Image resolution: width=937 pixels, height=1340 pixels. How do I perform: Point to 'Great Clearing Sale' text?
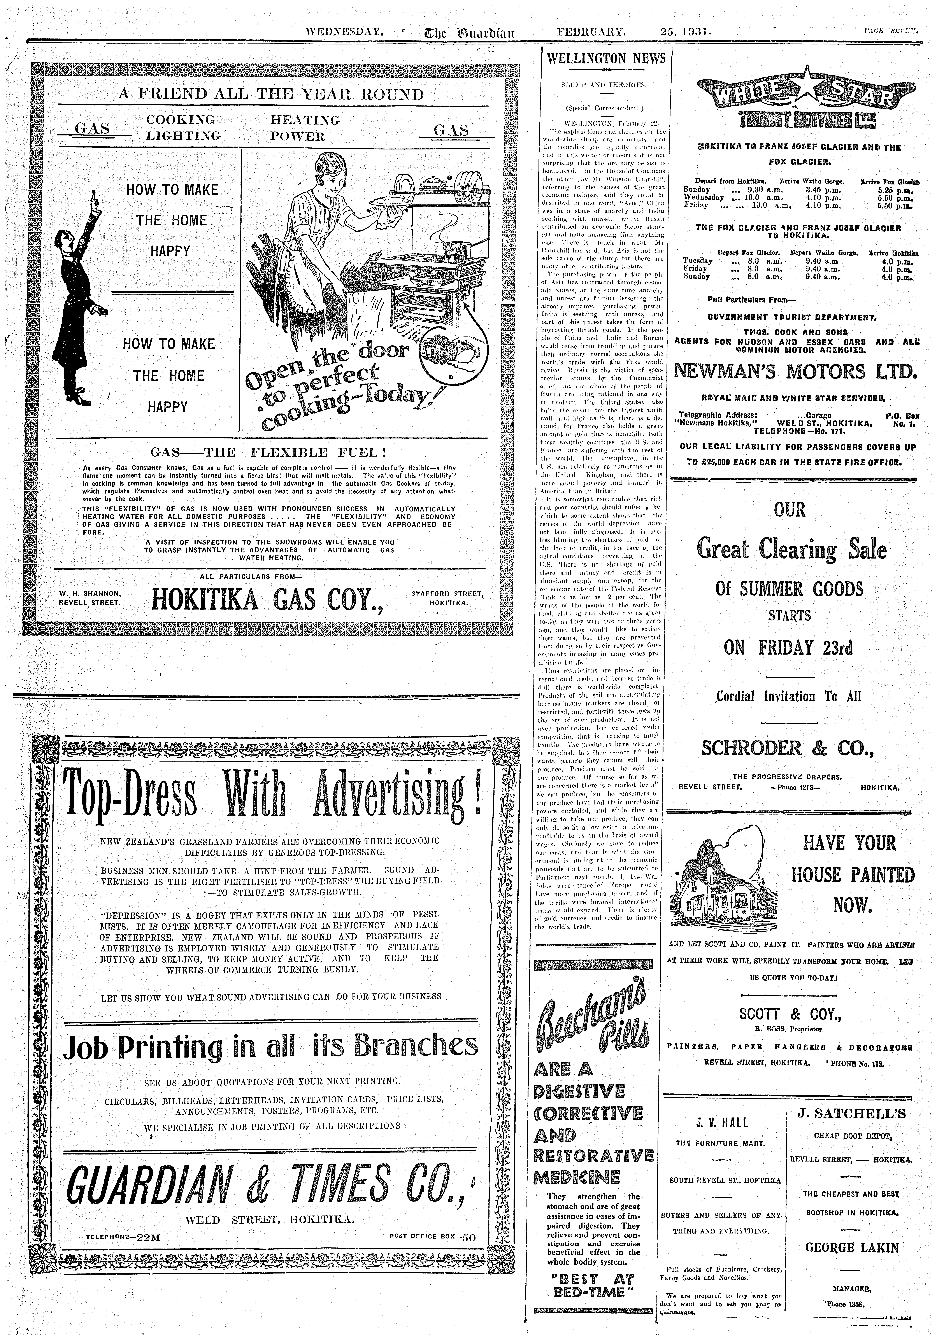(x=791, y=550)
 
